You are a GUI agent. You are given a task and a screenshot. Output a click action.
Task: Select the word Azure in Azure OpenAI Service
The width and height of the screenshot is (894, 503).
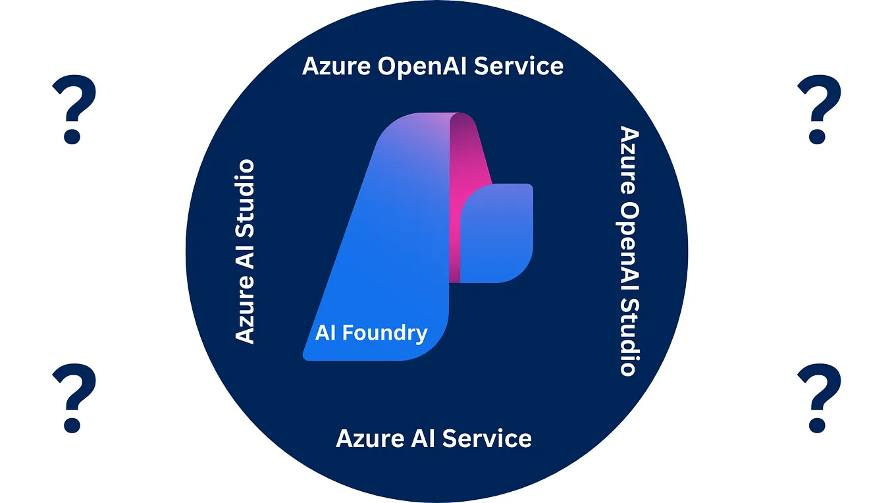333,66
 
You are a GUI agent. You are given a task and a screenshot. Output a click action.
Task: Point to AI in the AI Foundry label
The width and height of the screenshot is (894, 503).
325,332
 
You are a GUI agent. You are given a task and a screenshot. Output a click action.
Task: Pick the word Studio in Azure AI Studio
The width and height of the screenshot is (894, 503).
245,191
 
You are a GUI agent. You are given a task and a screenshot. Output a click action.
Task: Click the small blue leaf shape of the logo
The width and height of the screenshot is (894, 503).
497,234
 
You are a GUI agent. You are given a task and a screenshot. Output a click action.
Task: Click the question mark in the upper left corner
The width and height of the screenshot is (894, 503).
73,109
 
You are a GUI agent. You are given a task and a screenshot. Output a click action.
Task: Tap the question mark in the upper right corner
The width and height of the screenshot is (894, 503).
818,109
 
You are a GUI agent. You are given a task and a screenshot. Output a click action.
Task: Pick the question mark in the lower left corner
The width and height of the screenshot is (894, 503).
73,397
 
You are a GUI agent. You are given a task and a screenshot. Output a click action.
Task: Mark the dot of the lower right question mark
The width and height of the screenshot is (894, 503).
817,424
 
